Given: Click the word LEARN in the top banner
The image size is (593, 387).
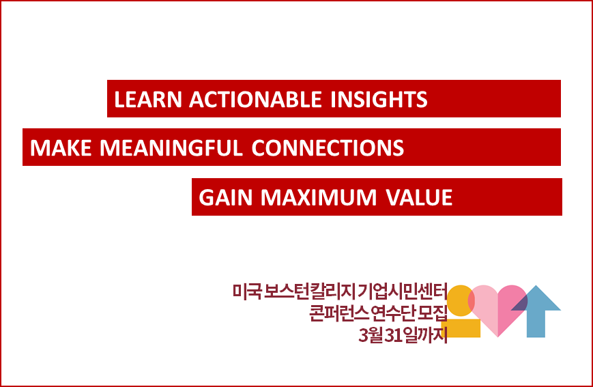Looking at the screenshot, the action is pyautogui.click(x=148, y=100).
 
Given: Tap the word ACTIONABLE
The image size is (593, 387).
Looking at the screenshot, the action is pyautogui.click(x=255, y=100).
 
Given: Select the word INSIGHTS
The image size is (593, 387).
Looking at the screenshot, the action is pyautogui.click(x=379, y=100).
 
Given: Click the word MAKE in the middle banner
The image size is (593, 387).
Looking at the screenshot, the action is pyautogui.click(x=61, y=148).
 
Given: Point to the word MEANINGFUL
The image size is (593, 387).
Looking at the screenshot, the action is pyautogui.click(x=171, y=148).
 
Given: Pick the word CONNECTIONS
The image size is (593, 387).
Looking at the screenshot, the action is pyautogui.click(x=328, y=148).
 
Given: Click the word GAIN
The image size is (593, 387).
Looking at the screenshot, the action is pyautogui.click(x=225, y=197).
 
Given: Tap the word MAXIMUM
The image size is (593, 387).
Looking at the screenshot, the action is pyautogui.click(x=319, y=197).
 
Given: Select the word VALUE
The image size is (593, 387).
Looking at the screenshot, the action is pyautogui.click(x=419, y=197).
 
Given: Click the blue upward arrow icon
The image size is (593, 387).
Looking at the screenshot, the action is pyautogui.click(x=536, y=311).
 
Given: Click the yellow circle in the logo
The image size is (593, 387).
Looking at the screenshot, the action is pyautogui.click(x=461, y=301).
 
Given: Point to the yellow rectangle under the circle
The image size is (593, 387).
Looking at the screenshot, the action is pyautogui.click(x=461, y=328).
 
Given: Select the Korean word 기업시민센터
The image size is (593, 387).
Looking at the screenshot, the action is pyautogui.click(x=403, y=291).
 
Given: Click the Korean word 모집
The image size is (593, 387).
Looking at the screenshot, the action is pyautogui.click(x=432, y=313).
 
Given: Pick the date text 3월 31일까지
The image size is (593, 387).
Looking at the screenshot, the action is pyautogui.click(x=403, y=334).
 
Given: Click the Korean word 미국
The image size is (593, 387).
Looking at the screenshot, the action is pyautogui.click(x=247, y=291).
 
